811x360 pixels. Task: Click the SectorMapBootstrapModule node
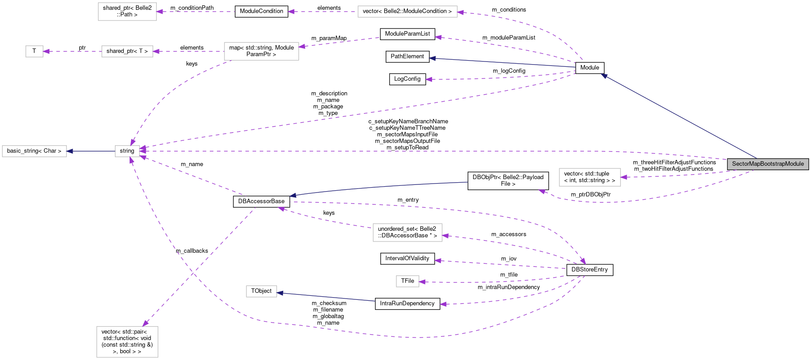[768, 164]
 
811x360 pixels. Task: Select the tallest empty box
[127, 342]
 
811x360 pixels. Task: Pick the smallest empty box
[34, 52]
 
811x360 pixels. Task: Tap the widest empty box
[408, 12]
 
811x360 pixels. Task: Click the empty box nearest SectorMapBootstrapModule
[590, 177]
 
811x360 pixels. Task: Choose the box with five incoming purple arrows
[127, 151]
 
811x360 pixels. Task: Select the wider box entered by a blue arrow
[34, 151]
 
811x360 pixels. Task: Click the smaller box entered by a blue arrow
[261, 291]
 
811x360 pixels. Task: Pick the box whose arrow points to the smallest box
[127, 52]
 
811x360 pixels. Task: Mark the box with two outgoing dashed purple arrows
[261, 51]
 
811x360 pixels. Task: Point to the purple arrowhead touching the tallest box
[146, 323]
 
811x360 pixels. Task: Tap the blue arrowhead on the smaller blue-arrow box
[280, 293]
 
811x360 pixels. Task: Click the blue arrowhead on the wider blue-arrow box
[69, 151]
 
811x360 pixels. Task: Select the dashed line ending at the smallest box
[73, 52]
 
